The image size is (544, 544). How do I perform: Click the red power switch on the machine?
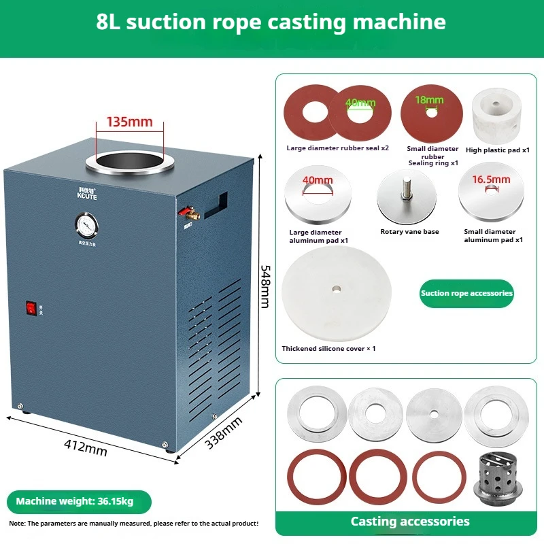(30, 308)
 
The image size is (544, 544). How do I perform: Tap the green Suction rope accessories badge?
(466, 293)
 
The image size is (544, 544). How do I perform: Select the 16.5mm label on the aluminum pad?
(491, 180)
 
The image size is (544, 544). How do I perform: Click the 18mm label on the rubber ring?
(430, 100)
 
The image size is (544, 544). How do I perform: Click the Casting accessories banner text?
(410, 522)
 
